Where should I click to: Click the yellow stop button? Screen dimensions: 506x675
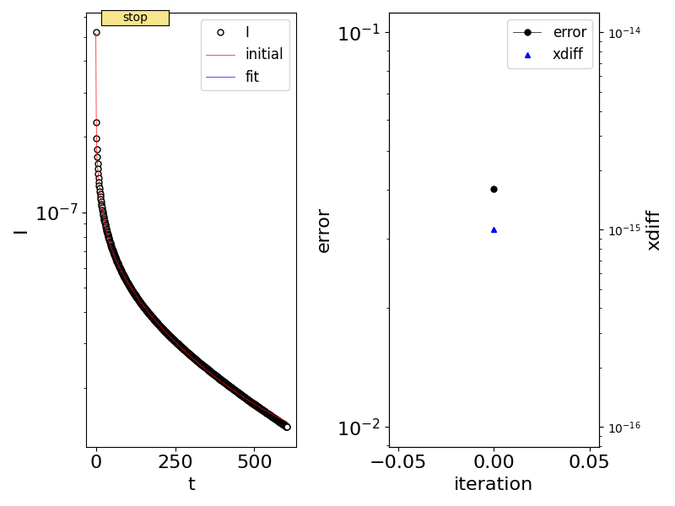[135, 18]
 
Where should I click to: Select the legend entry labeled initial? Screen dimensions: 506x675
[263, 54]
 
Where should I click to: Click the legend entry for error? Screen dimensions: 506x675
[569, 33]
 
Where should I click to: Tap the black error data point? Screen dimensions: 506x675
[494, 189]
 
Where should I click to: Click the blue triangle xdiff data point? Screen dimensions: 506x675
[494, 229]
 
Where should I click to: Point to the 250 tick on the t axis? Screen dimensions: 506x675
[175, 462]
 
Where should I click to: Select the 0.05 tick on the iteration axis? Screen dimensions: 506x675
[589, 462]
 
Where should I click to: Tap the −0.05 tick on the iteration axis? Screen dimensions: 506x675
[398, 462]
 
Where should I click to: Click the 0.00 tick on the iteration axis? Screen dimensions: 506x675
[494, 462]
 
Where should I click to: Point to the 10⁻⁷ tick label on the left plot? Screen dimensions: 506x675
[57, 213]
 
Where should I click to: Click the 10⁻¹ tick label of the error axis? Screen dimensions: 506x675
[358, 34]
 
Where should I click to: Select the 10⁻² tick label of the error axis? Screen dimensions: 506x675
[358, 428]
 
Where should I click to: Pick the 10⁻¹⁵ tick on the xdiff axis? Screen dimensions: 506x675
[625, 230]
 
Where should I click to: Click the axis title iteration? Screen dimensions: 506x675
[493, 484]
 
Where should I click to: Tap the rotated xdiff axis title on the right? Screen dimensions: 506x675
[653, 230]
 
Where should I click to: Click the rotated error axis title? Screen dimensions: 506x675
[323, 230]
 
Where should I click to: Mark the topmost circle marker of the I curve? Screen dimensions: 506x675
[96, 33]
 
